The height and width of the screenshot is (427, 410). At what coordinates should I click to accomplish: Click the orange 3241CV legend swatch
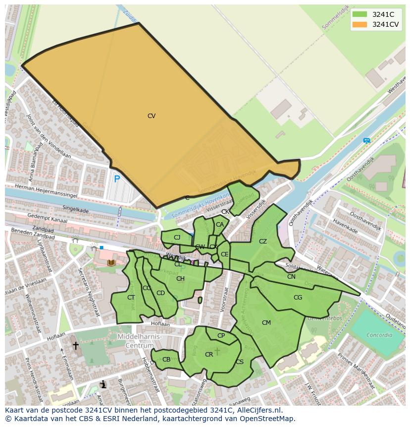(x=359, y=24)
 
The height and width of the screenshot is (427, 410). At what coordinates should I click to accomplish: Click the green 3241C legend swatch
(x=359, y=14)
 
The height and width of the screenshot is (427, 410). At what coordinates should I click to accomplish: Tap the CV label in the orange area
(x=152, y=116)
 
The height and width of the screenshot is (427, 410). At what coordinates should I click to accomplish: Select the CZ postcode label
(x=263, y=242)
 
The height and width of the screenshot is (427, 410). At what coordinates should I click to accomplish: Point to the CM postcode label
(x=266, y=323)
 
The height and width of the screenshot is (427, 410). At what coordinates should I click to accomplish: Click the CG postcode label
(x=298, y=298)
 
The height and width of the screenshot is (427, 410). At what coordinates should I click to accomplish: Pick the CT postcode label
(x=131, y=298)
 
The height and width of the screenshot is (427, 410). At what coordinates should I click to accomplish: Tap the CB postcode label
(x=166, y=360)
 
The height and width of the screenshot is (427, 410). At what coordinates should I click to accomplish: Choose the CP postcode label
(x=221, y=336)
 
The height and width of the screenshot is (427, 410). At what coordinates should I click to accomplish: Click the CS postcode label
(x=240, y=362)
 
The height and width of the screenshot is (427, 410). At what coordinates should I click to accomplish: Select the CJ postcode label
(x=177, y=238)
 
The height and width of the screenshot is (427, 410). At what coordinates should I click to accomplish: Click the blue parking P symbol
(x=117, y=180)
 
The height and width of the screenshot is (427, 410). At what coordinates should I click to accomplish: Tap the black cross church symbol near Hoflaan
(x=76, y=345)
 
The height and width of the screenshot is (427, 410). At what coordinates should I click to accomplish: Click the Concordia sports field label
(x=379, y=335)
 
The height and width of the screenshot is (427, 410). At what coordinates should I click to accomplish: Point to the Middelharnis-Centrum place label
(x=140, y=341)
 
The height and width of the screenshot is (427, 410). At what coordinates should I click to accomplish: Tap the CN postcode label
(x=291, y=277)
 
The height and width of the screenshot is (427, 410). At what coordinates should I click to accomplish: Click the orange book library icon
(x=111, y=262)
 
